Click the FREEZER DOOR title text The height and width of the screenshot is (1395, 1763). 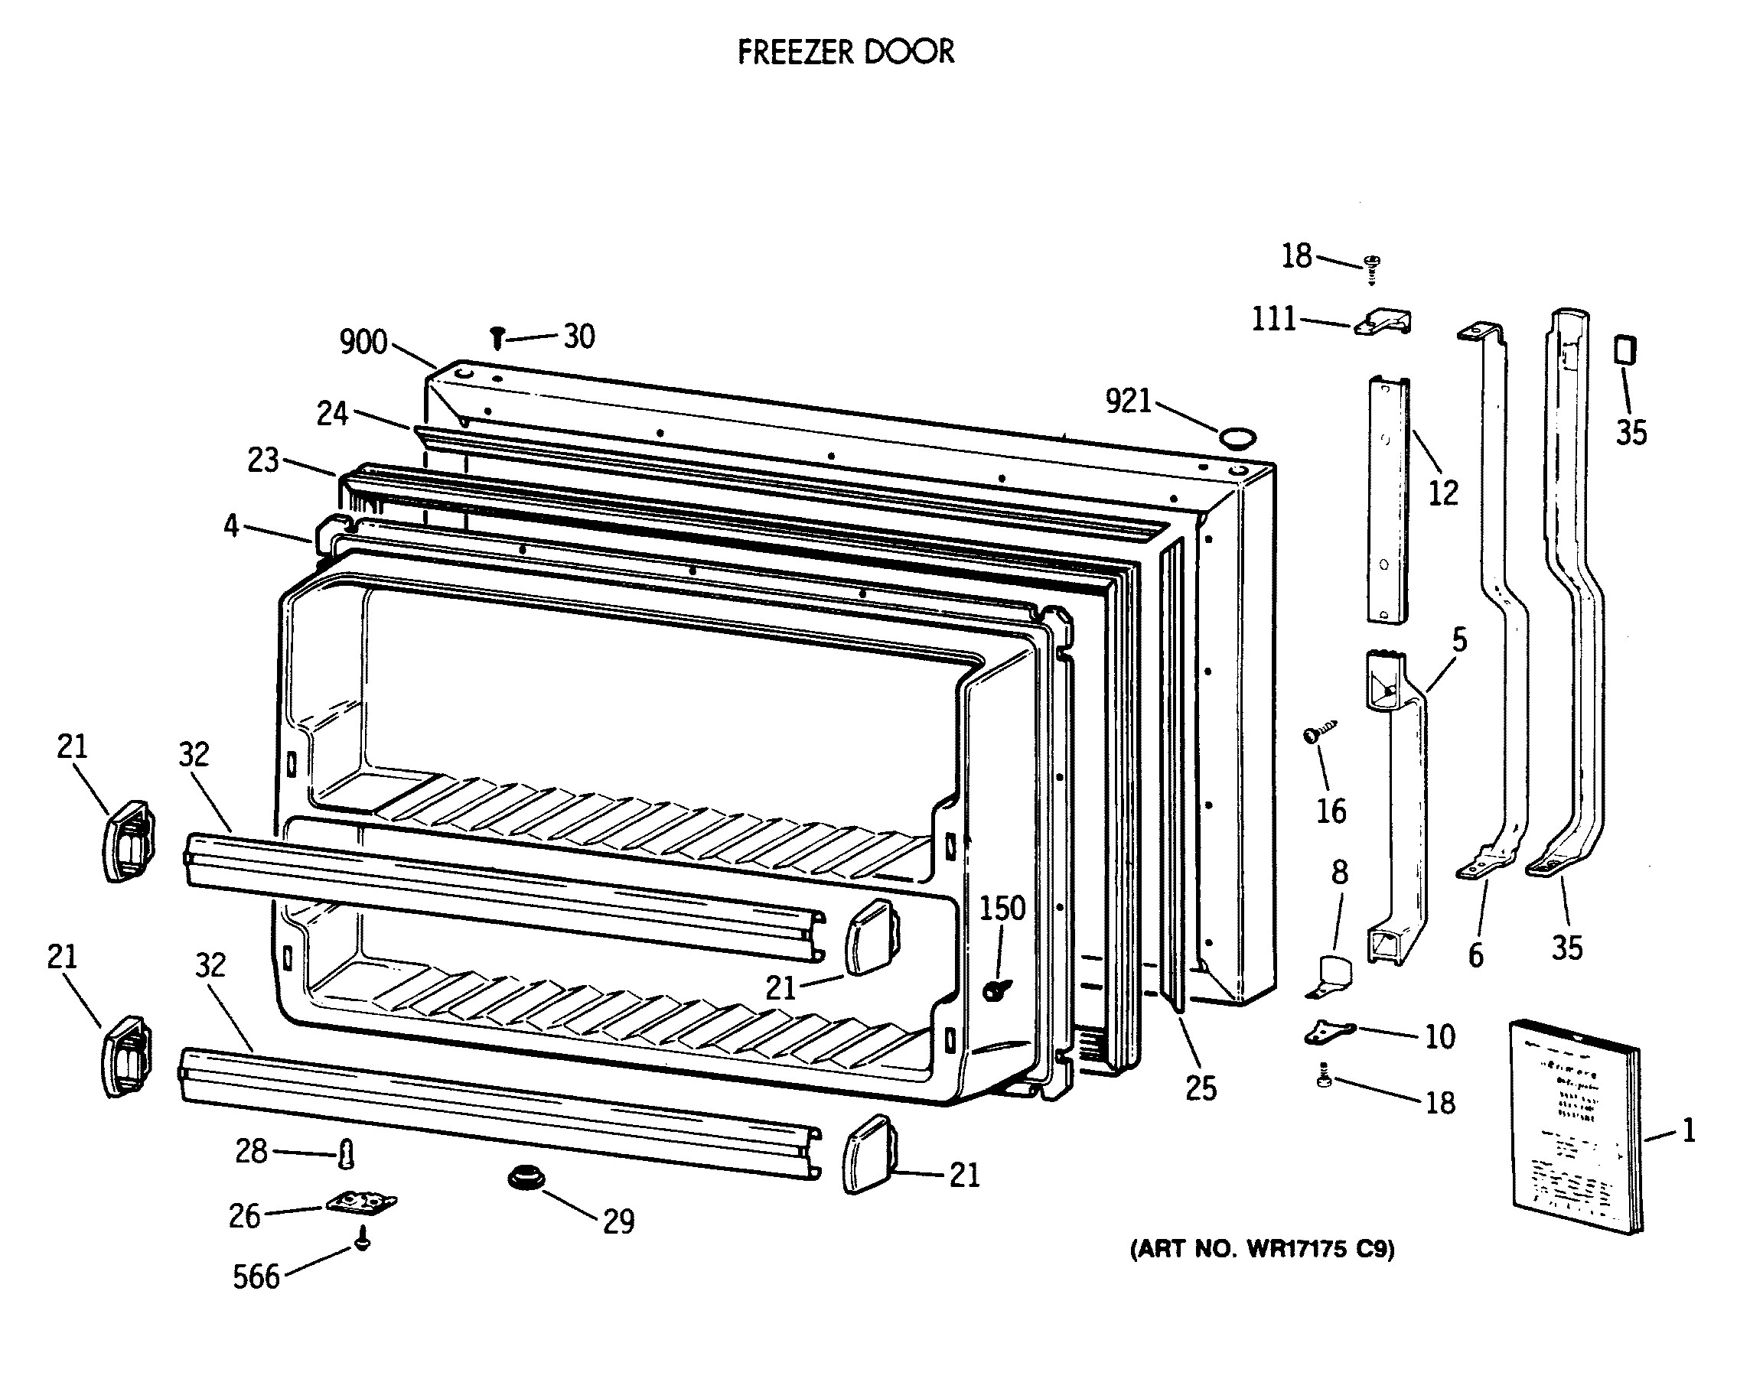846,52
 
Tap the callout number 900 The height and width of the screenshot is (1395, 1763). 363,342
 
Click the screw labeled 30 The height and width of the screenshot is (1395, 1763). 496,337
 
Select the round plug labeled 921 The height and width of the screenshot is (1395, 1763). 1234,438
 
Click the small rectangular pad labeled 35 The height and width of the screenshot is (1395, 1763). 1624,350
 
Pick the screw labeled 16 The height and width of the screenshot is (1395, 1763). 1312,734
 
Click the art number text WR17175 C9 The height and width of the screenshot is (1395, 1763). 1263,1249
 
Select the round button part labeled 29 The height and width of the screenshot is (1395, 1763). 527,1179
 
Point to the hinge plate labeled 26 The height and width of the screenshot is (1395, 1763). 360,1202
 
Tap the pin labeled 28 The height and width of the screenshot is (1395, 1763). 347,1154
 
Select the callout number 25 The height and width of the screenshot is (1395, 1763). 1200,1088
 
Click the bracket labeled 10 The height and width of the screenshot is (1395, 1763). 1329,1032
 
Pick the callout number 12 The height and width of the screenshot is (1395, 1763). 1442,493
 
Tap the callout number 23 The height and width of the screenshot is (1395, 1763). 263,460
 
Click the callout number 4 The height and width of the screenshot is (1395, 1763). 231,526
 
